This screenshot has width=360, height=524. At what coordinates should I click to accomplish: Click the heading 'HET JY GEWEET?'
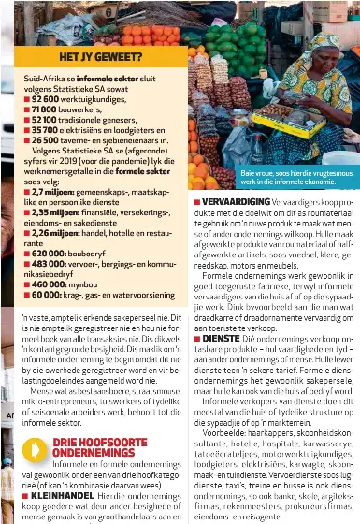point(93,57)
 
